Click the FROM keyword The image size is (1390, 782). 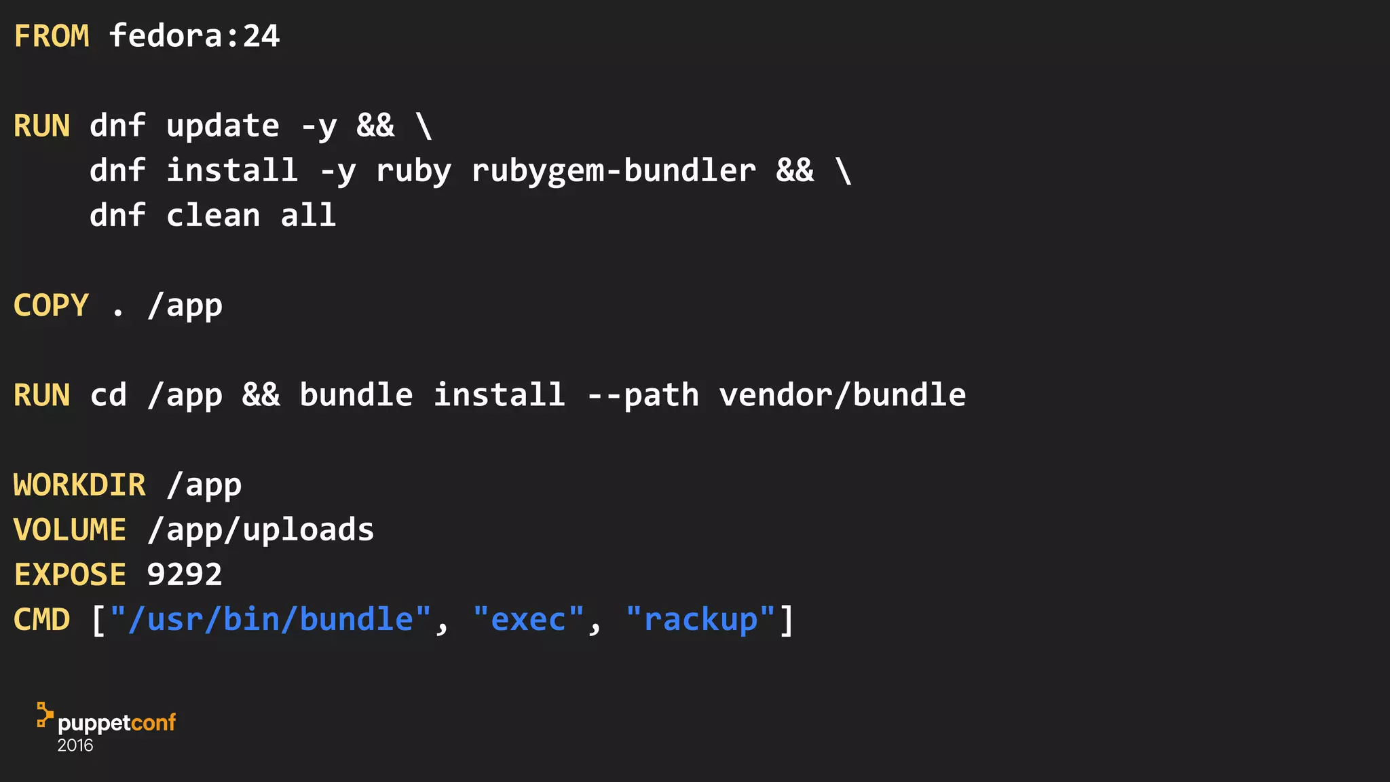click(52, 36)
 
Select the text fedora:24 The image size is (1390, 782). click(194, 36)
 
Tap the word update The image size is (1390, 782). click(223, 126)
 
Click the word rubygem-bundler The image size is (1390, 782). click(613, 171)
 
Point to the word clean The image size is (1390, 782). click(213, 216)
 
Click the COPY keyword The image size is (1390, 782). click(52, 305)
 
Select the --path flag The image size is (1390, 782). click(643, 395)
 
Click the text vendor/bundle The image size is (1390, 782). click(842, 395)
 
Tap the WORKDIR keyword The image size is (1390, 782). click(79, 485)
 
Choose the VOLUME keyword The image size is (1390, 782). click(70, 530)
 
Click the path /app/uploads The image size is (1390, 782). click(261, 530)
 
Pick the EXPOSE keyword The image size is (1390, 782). click(70, 575)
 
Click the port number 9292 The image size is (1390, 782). click(185, 575)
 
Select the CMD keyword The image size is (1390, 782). click(42, 620)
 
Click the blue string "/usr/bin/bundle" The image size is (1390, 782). click(270, 620)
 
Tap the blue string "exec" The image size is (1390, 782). click(528, 620)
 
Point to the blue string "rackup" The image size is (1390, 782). click(700, 620)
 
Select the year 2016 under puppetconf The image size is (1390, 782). click(75, 745)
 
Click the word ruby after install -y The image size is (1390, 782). click(413, 171)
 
